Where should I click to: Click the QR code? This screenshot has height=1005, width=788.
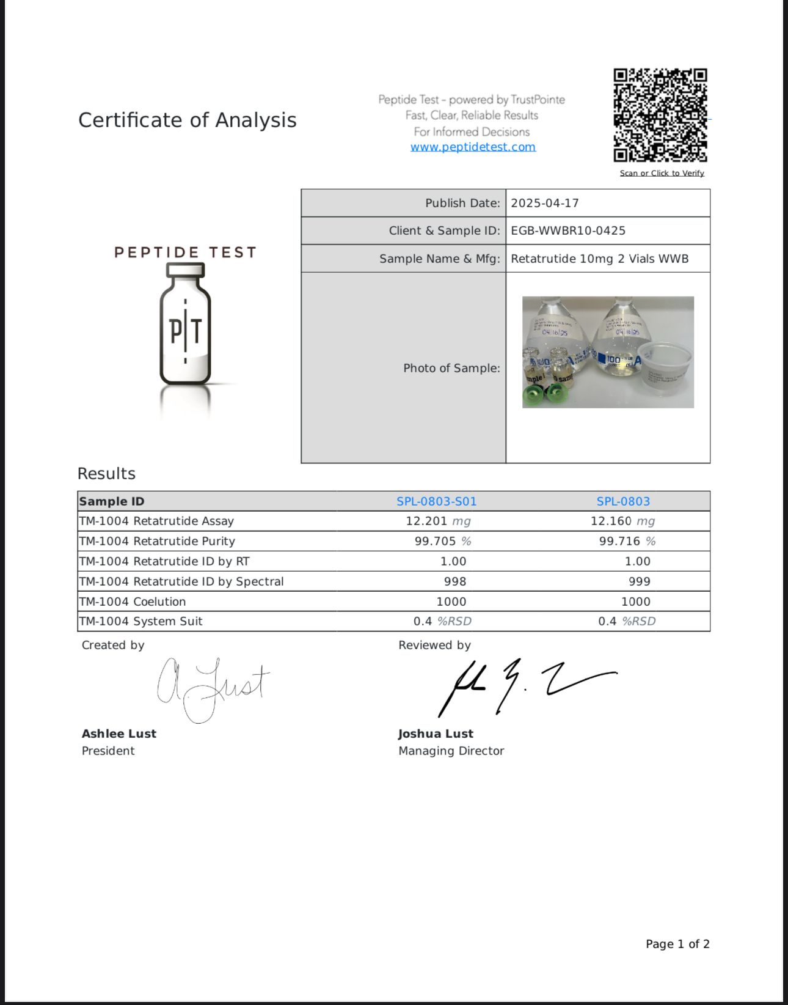660,115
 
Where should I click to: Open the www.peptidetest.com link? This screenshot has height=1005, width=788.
473,147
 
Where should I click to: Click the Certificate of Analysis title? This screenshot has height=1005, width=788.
187,120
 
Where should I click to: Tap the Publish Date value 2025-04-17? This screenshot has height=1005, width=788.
544,203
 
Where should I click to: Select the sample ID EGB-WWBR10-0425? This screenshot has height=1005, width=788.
568,230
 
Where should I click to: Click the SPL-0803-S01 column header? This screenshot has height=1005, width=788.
436,501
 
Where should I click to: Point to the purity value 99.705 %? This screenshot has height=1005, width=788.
442,541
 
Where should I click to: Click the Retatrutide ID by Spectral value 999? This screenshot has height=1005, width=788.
639,581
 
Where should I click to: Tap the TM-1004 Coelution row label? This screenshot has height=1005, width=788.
133,602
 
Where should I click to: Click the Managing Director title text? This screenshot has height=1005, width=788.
451,751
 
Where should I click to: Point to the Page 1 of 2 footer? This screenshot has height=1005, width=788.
677,944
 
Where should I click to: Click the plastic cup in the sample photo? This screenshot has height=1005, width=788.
665,367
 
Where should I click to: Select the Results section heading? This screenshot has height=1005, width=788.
106,474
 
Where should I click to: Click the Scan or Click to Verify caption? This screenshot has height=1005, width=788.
662,173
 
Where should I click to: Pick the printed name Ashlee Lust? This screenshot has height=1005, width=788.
119,734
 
